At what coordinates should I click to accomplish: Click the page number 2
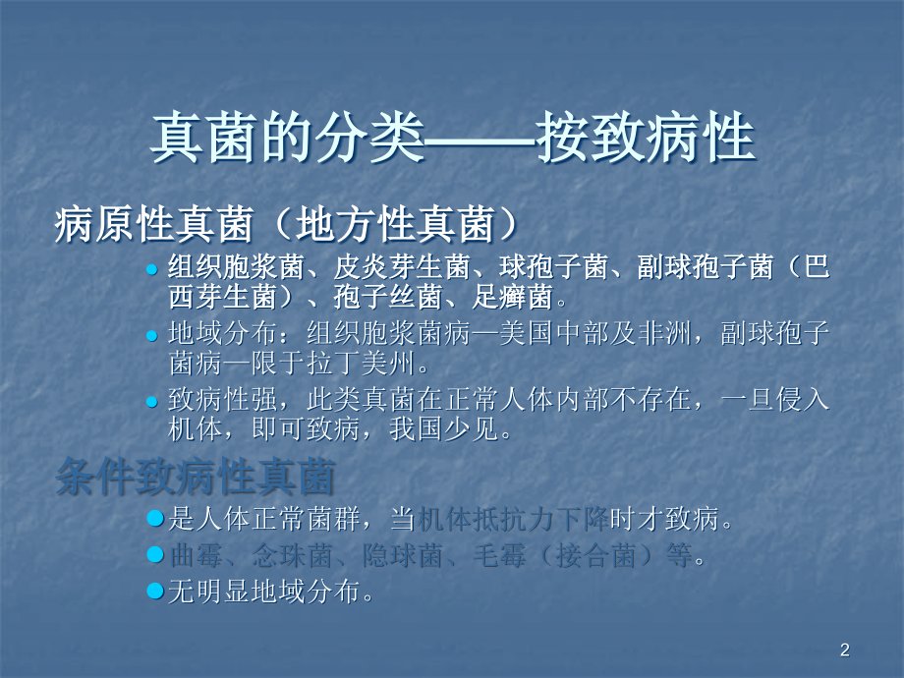coord(845,650)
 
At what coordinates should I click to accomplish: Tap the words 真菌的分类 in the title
coord(287,140)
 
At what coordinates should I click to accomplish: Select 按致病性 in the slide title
coord(646,140)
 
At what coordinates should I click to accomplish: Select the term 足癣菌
coord(521,296)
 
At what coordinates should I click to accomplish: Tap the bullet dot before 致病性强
coord(152,402)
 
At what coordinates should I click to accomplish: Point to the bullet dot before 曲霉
coord(153,555)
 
